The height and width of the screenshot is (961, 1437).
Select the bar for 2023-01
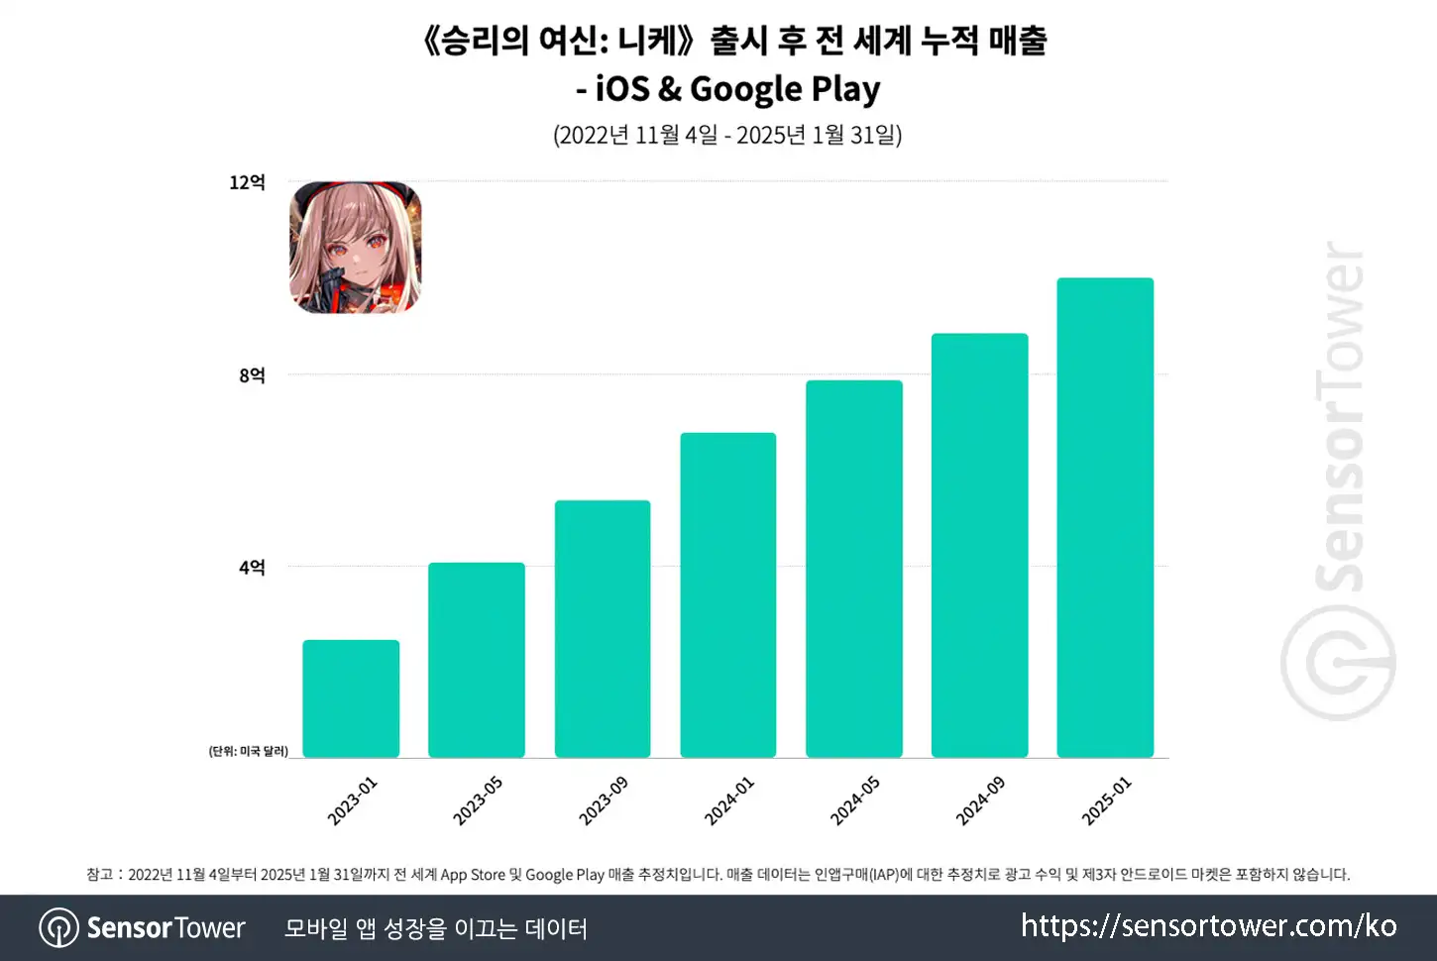[351, 698]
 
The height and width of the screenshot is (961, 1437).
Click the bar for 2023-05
[477, 660]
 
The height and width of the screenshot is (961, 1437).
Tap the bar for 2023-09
[603, 629]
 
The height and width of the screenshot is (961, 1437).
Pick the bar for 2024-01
[728, 595]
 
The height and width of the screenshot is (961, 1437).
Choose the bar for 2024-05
[854, 569]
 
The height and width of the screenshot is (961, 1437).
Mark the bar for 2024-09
[980, 546]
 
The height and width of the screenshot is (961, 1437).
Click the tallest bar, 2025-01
[1105, 518]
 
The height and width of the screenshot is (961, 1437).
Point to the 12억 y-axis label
[247, 182]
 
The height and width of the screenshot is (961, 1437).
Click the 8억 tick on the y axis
[252, 375]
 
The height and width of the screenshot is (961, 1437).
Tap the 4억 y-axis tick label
[252, 568]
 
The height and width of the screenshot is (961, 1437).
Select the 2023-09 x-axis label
[604, 801]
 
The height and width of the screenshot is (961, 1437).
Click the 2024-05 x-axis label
[854, 801]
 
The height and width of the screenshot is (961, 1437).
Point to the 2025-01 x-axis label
[1106, 801]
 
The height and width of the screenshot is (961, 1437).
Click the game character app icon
[356, 248]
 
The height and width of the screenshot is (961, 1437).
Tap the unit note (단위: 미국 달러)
[248, 751]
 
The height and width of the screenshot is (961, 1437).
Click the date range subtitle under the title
[727, 135]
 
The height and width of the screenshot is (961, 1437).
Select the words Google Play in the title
[785, 89]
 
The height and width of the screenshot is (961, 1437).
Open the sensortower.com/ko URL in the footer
[1208, 926]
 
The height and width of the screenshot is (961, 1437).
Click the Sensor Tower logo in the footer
[143, 928]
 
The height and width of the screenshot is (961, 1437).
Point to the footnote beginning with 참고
[718, 874]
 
